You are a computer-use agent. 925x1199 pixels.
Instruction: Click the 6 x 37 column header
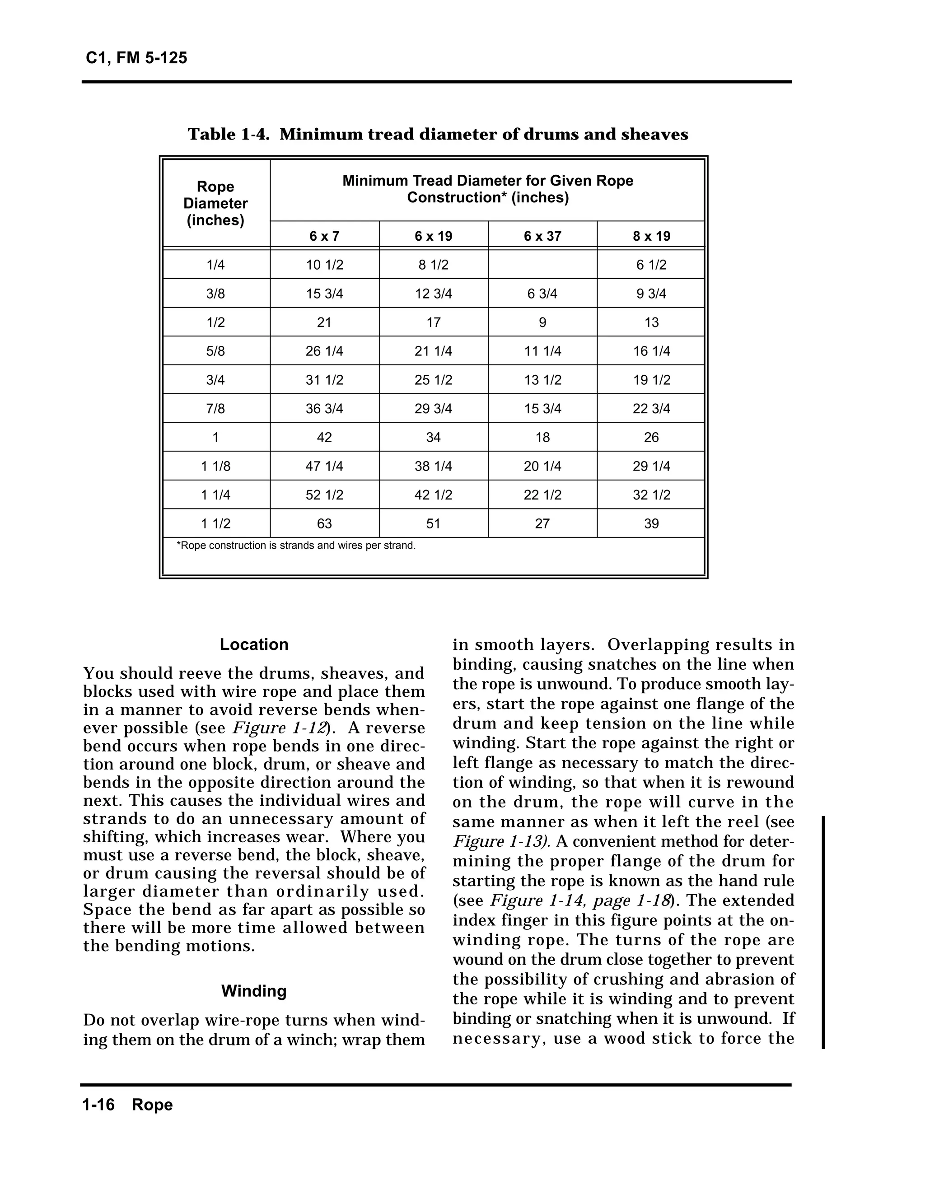coord(542,236)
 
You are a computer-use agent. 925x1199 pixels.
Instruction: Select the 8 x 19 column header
coord(651,236)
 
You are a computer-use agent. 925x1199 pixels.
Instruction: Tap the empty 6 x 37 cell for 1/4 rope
coord(542,265)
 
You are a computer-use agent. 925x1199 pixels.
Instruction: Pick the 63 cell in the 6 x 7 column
coord(324,523)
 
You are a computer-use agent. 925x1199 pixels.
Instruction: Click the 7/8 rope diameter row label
coord(215,408)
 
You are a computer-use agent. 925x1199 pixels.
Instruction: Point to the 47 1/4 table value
coord(324,466)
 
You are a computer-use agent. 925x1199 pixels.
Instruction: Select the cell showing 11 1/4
coord(542,351)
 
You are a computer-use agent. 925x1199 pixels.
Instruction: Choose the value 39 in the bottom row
coord(651,523)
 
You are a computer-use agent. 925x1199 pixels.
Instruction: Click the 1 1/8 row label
coord(215,466)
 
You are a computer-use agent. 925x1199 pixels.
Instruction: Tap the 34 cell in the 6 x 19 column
coord(433,438)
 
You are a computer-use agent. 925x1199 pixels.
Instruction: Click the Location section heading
coord(254,644)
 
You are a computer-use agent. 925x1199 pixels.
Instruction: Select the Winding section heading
coord(254,991)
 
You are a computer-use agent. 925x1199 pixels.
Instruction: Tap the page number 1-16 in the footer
coord(98,1105)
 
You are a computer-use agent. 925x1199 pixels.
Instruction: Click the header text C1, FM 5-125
coord(136,58)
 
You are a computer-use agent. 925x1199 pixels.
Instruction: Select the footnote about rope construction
coord(295,546)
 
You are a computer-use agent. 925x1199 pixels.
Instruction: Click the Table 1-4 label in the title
coord(228,134)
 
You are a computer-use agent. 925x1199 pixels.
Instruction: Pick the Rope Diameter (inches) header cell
coord(215,204)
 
